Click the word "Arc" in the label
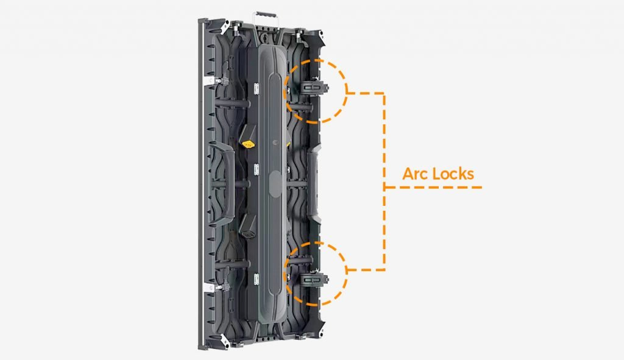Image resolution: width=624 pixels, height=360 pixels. coord(415,174)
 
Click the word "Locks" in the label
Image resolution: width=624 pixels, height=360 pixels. coord(453,174)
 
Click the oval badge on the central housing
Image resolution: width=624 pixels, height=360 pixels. coord(275,184)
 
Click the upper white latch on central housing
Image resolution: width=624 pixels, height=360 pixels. coord(257,88)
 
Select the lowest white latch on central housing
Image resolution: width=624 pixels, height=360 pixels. coord(256,279)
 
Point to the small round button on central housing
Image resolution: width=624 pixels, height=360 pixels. coord(275,142)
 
